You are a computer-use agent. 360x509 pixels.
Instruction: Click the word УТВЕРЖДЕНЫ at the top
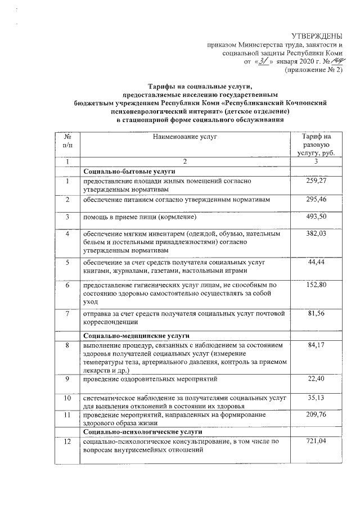(x=318, y=36)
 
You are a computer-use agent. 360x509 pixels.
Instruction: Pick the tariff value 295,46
(x=317, y=200)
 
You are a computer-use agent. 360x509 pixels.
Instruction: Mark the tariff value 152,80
(x=317, y=285)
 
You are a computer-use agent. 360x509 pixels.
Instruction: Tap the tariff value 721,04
(x=317, y=442)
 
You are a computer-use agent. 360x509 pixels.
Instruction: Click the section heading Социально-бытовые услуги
(x=130, y=170)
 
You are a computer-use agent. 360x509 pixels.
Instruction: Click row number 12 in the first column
(x=67, y=442)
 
